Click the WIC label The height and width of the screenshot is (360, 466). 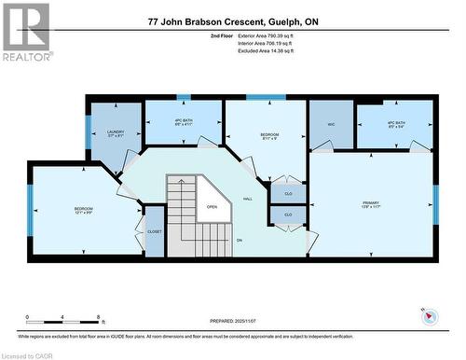pyautogui.click(x=331, y=123)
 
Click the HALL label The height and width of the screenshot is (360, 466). pyautogui.click(x=249, y=199)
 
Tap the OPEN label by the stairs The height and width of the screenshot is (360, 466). pyautogui.click(x=212, y=207)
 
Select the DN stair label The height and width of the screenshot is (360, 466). pyautogui.click(x=239, y=241)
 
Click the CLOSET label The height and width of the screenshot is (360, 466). pyautogui.click(x=155, y=231)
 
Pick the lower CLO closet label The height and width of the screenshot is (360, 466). pyautogui.click(x=288, y=215)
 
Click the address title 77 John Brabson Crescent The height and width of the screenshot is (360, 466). pyautogui.click(x=232, y=21)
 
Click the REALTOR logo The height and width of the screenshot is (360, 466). pyautogui.click(x=26, y=32)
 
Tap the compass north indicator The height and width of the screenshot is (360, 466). pyautogui.click(x=428, y=315)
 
